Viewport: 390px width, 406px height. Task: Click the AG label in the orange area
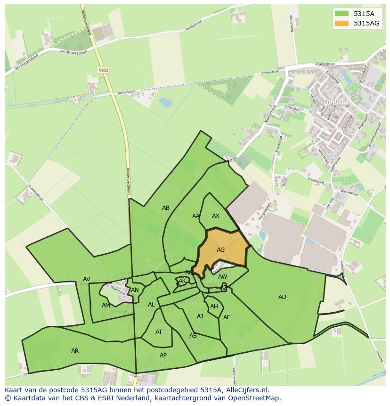click(220, 250)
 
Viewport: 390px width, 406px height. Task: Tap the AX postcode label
click(216, 216)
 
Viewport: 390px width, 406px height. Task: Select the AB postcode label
click(166, 208)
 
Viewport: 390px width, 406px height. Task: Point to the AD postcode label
click(282, 297)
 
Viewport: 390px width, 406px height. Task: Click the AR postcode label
click(75, 351)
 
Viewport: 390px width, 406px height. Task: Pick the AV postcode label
click(87, 279)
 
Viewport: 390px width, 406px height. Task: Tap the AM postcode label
click(106, 306)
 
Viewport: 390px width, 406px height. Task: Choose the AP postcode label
click(163, 356)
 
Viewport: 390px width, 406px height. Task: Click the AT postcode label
click(159, 332)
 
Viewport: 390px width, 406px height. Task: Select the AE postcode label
click(227, 317)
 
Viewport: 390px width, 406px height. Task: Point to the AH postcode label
click(214, 307)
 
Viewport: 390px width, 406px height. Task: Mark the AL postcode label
click(151, 305)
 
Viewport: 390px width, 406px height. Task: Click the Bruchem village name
click(336, 101)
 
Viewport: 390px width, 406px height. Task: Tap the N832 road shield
click(103, 70)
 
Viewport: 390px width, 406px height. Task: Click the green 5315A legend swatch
click(341, 14)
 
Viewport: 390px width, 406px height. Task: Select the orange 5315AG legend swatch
click(341, 23)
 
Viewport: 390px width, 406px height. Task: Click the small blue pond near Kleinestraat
click(165, 102)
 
